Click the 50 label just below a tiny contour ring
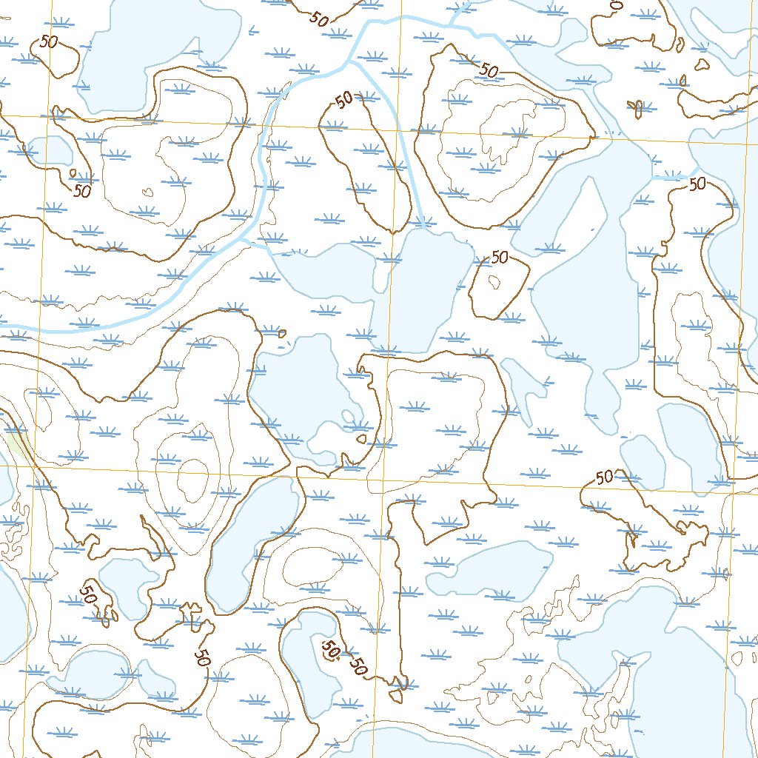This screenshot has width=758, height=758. tap(81, 190)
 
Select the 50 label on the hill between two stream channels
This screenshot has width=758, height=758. tap(343, 100)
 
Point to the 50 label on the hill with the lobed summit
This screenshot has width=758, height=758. tap(489, 70)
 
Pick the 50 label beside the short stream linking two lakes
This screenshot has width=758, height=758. tap(697, 184)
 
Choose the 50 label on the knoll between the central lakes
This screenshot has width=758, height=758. tap(500, 258)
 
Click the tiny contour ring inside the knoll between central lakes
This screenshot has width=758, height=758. tap(494, 281)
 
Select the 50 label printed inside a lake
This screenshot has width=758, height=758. tap(330, 650)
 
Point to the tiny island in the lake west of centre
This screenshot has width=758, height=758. tap(360, 438)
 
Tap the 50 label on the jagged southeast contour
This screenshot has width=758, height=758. tap(604, 477)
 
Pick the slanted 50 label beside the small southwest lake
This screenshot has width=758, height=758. tap(87, 594)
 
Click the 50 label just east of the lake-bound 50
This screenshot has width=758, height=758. tap(358, 667)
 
